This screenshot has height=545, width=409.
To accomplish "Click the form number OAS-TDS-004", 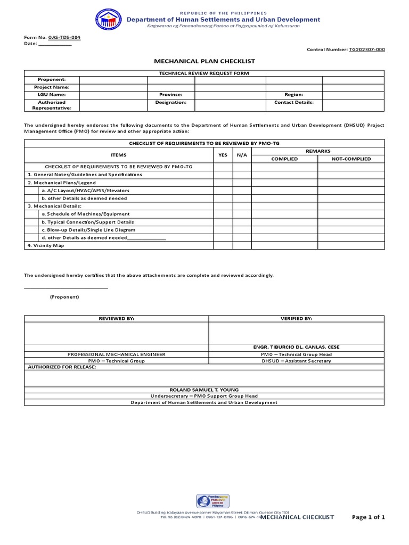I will click(64, 38).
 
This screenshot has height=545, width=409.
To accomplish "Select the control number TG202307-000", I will click(366, 49).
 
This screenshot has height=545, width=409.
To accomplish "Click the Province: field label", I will click(170, 94).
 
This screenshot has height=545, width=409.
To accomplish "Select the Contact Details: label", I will click(293, 102).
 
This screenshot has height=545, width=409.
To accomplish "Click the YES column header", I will click(223, 155).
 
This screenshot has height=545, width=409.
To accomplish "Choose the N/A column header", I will click(242, 155).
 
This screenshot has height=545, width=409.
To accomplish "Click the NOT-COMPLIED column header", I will click(351, 159).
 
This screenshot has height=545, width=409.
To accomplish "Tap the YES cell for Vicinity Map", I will click(223, 246).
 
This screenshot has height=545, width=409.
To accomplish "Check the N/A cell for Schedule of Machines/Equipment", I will click(242, 214).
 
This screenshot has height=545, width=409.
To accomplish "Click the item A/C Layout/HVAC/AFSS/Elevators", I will click(85, 190).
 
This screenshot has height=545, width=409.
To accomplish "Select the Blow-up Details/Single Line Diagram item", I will click(88, 230).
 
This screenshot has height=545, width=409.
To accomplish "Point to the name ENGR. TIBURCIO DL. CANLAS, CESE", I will click(296, 347).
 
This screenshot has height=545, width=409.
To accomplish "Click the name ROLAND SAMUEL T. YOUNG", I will click(204, 390).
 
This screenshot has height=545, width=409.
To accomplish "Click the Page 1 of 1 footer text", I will click(368, 517).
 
